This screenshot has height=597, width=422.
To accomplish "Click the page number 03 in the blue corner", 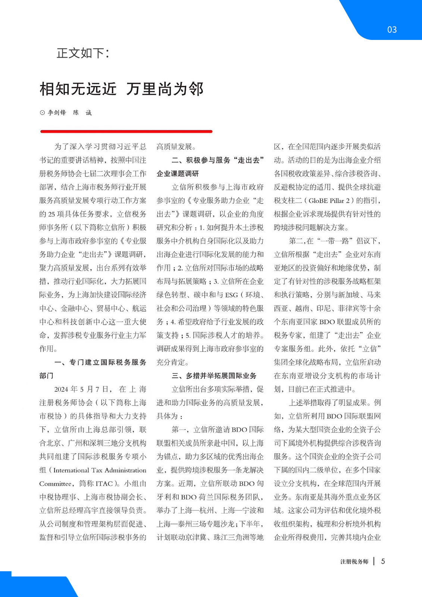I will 392,30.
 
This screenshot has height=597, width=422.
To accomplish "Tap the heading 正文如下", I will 83,53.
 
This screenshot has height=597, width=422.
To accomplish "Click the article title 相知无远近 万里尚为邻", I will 122,89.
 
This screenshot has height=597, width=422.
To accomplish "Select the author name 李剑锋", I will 57,113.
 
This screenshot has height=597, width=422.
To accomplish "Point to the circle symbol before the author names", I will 42,113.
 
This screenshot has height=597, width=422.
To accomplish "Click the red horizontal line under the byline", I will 126,131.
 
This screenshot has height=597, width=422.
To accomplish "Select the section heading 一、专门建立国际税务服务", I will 100,362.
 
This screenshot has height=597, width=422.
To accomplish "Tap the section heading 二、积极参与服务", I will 218,160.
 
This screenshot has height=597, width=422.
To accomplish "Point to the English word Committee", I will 56,484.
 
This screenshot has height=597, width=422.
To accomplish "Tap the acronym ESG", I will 231,295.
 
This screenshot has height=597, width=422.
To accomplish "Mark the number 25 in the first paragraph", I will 51,214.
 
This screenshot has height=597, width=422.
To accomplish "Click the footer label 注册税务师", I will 354,562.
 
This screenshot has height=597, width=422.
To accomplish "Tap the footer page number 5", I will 383,561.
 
